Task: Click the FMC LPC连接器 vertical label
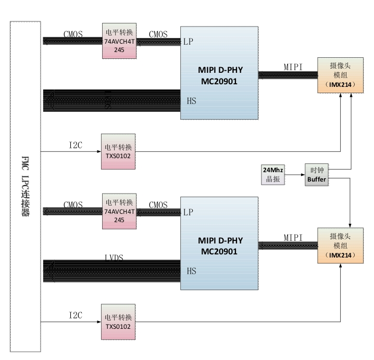click(x=25, y=187)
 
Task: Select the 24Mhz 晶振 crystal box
click(x=272, y=174)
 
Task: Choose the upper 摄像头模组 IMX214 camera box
click(x=340, y=75)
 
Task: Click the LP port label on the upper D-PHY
click(x=189, y=42)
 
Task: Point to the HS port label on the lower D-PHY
click(x=191, y=271)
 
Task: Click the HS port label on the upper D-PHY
click(x=191, y=100)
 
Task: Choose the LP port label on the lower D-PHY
click(x=189, y=212)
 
